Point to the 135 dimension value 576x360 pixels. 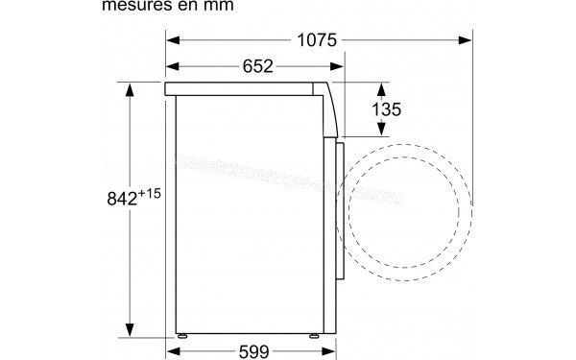pyautogui.click(x=386, y=109)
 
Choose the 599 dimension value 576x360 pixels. pyautogui.click(x=255, y=350)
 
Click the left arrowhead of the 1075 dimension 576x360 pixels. pyautogui.click(x=174, y=39)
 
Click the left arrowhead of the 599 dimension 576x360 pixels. pyautogui.click(x=174, y=350)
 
